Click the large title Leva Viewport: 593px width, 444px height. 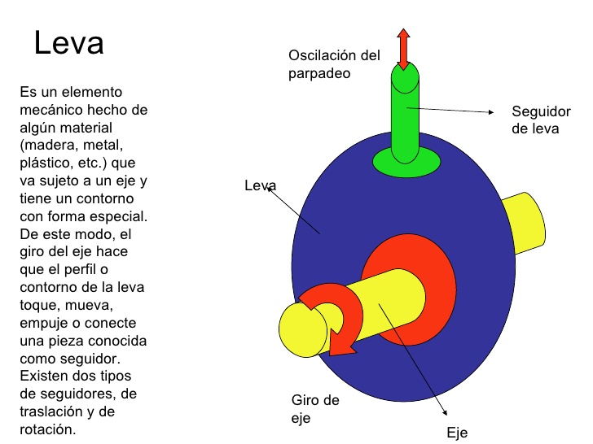68,42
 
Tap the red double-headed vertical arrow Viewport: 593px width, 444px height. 403,50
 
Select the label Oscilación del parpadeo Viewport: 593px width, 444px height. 334,64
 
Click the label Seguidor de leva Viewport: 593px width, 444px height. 541,120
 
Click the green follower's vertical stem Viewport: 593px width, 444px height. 405,113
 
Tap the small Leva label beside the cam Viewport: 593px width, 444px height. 260,185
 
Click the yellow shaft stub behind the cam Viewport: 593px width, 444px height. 525,222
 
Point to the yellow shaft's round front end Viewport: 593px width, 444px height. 302,329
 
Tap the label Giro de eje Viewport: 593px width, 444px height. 315,409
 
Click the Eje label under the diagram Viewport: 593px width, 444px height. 457,433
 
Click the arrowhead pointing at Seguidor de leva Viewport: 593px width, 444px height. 491,111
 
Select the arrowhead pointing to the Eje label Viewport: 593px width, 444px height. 445,412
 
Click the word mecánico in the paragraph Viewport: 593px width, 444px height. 51,110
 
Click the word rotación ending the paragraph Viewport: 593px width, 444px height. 47,429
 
